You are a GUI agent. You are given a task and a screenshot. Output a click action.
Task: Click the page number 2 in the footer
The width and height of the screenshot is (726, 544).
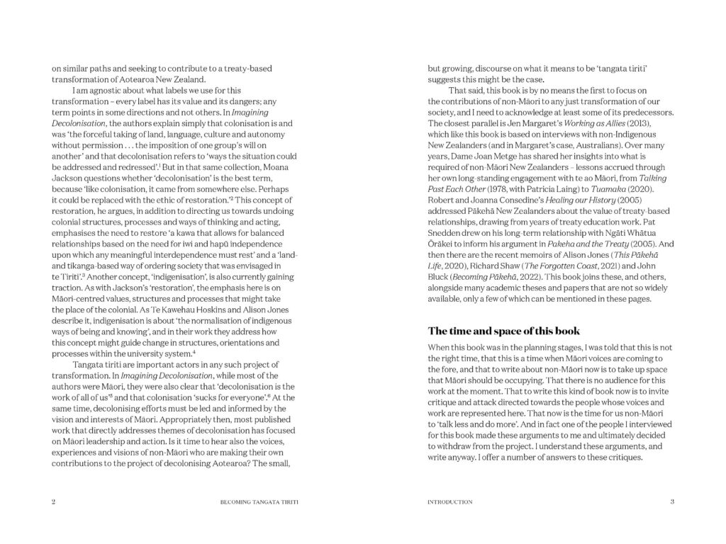tap(53, 502)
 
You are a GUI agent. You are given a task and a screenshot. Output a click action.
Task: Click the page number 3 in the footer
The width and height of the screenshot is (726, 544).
tap(671, 502)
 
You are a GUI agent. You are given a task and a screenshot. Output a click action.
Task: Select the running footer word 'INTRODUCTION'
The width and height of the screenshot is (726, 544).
tap(450, 502)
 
